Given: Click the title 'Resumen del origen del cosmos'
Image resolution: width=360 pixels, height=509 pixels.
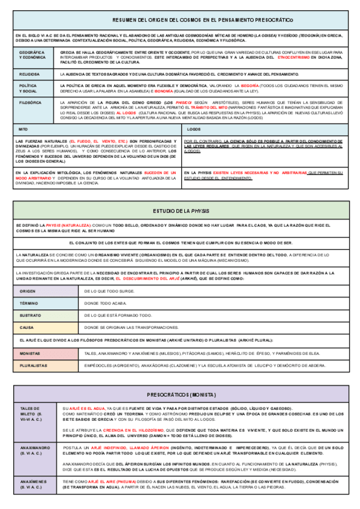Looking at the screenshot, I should click(x=180, y=20).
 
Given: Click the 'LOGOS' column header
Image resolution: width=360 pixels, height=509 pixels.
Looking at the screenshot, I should click(x=194, y=129).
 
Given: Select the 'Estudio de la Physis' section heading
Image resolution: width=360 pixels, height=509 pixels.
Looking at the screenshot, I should click(x=180, y=211).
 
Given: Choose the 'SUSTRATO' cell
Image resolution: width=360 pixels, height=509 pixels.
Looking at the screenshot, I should click(x=30, y=315).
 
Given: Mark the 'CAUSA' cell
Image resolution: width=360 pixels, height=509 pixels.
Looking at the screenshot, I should click(x=26, y=328).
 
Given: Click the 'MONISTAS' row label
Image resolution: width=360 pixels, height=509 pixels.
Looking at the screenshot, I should click(x=30, y=354).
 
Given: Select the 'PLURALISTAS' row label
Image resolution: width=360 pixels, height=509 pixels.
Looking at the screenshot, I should click(x=34, y=365).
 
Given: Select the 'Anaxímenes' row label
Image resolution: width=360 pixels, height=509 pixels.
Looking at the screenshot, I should click(x=34, y=484).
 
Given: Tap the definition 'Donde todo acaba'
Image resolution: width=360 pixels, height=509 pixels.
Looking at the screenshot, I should click(x=106, y=303).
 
